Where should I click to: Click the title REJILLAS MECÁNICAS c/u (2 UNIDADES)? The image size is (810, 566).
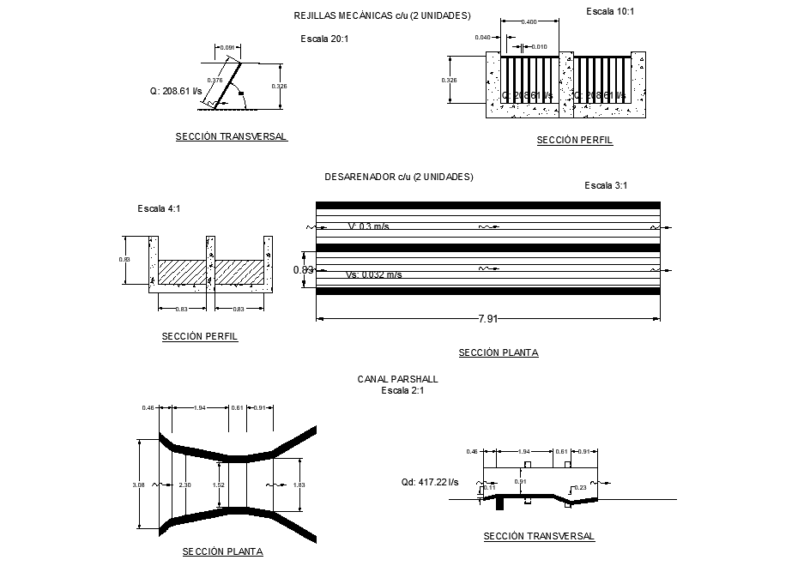(x=382, y=16)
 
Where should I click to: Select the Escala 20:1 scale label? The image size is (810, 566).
(x=324, y=39)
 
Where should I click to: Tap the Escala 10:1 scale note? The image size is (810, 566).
(x=609, y=11)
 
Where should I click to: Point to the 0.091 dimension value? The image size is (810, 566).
(x=227, y=47)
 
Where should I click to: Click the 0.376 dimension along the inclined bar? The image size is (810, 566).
(x=215, y=80)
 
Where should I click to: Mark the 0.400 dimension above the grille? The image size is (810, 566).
(x=529, y=21)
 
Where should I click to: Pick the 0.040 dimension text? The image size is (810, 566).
(x=482, y=38)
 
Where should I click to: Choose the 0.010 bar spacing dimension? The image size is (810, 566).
(x=539, y=46)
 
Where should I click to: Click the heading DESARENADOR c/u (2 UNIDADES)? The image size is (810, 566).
(x=398, y=177)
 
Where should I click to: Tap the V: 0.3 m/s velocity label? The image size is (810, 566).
(x=368, y=226)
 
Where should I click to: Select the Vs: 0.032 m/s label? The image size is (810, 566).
(x=373, y=274)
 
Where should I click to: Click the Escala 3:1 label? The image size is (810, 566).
(x=606, y=185)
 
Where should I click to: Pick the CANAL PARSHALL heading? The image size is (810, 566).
(x=397, y=378)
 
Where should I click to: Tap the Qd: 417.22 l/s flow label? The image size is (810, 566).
(x=430, y=482)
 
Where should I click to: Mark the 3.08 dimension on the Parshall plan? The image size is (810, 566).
(x=138, y=485)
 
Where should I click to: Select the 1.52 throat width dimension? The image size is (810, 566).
(x=219, y=485)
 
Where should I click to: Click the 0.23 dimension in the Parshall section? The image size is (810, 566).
(x=579, y=488)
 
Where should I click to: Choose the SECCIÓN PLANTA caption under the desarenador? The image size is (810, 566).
(x=498, y=352)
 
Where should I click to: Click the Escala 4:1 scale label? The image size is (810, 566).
(x=160, y=208)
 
